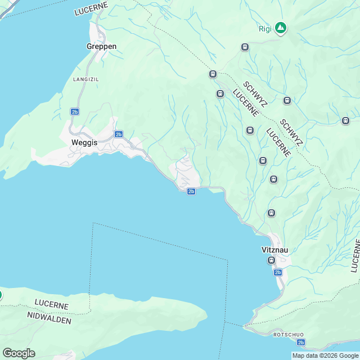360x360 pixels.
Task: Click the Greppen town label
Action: point(101,46)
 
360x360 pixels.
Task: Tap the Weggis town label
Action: point(84,142)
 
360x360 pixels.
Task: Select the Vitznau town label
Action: point(275,249)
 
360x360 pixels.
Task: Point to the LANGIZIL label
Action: point(86,79)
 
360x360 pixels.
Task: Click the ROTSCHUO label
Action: point(289,334)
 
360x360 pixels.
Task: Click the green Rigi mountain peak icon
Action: point(280,28)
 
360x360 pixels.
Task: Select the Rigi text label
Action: point(265,29)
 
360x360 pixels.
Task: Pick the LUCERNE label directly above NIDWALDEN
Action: point(52,305)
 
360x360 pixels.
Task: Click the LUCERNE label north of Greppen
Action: point(91,11)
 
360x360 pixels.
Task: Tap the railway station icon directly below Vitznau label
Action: point(272,260)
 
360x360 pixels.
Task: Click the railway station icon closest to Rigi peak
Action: point(245,47)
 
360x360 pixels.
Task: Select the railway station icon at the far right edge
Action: point(345,120)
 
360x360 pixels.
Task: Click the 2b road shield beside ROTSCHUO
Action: point(301,342)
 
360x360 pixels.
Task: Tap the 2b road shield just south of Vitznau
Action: point(278,272)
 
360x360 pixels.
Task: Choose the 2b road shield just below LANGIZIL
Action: point(75,111)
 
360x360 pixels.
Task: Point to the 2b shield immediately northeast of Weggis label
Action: point(118,134)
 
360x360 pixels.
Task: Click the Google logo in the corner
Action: point(19,353)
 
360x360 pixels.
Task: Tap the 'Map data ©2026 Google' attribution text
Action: point(326,355)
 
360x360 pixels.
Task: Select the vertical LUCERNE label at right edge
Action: point(355,255)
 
